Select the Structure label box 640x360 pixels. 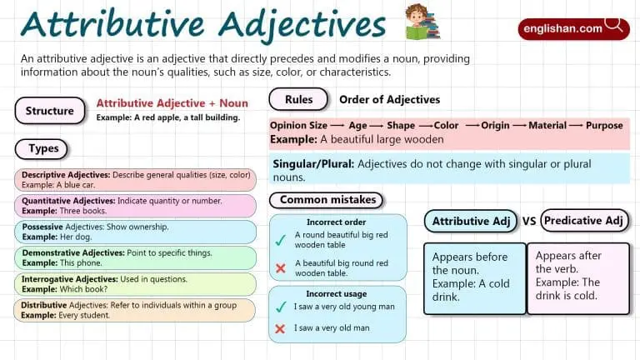49,111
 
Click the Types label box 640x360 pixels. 42,148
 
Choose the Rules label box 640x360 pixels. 298,99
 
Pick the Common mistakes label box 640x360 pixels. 327,200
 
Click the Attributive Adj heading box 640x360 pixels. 471,222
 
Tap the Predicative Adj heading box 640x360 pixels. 584,221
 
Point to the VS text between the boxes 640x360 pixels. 528,222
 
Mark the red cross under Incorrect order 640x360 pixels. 281,268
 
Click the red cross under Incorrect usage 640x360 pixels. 281,329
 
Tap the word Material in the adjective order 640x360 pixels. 547,125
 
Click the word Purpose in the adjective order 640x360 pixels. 604,125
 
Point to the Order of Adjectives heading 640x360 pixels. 389,100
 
